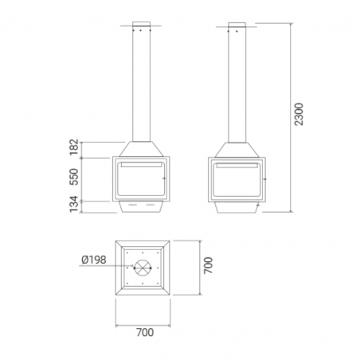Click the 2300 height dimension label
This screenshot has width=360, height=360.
pyautogui.click(x=299, y=114)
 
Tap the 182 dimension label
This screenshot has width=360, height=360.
pyautogui.click(x=74, y=147)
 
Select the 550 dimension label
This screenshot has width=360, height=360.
pyautogui.click(x=74, y=177)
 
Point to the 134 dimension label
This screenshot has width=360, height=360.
pyautogui.click(x=74, y=204)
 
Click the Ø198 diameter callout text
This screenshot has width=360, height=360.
pyautogui.click(x=94, y=260)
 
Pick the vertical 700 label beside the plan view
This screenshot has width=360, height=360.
pyautogui.click(x=208, y=265)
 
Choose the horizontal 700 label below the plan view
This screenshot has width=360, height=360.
pyautogui.click(x=145, y=332)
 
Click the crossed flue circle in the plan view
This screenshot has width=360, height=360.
pyautogui.click(x=143, y=268)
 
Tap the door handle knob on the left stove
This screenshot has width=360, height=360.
pyautogui.click(x=164, y=178)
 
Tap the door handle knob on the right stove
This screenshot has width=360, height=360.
pyautogui.click(x=264, y=179)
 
